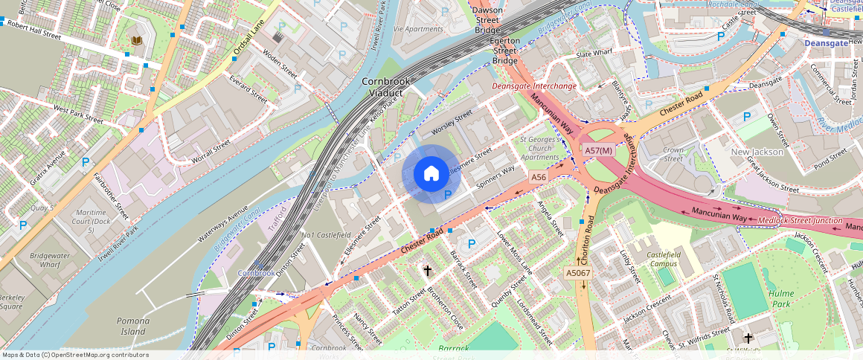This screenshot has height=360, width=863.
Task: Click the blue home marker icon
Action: click(431, 174)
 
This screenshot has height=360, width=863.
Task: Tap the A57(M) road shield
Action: click(598, 150)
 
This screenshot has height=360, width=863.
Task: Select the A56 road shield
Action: click(539, 177)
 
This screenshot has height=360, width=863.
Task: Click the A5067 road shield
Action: click(578, 274)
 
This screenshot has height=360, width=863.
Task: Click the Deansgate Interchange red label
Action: click(534, 86)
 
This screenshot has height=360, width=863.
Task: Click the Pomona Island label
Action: click(133, 326)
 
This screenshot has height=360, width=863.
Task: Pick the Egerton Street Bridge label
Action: click(504, 51)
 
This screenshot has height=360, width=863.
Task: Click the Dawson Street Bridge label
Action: click(487, 20)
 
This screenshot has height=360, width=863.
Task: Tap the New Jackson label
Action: click(757, 152)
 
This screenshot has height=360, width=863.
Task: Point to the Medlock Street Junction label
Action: click(800, 221)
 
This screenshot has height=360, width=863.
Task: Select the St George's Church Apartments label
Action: click(539, 148)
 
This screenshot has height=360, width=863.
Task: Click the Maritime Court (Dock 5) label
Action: click(91, 222)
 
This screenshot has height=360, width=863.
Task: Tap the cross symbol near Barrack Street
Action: click(427, 271)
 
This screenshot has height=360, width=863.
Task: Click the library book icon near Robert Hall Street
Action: click(136, 40)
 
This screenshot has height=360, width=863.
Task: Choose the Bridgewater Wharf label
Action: click(45, 260)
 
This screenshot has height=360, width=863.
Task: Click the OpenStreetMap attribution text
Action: click(75, 355)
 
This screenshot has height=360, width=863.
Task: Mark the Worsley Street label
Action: click(452, 119)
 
